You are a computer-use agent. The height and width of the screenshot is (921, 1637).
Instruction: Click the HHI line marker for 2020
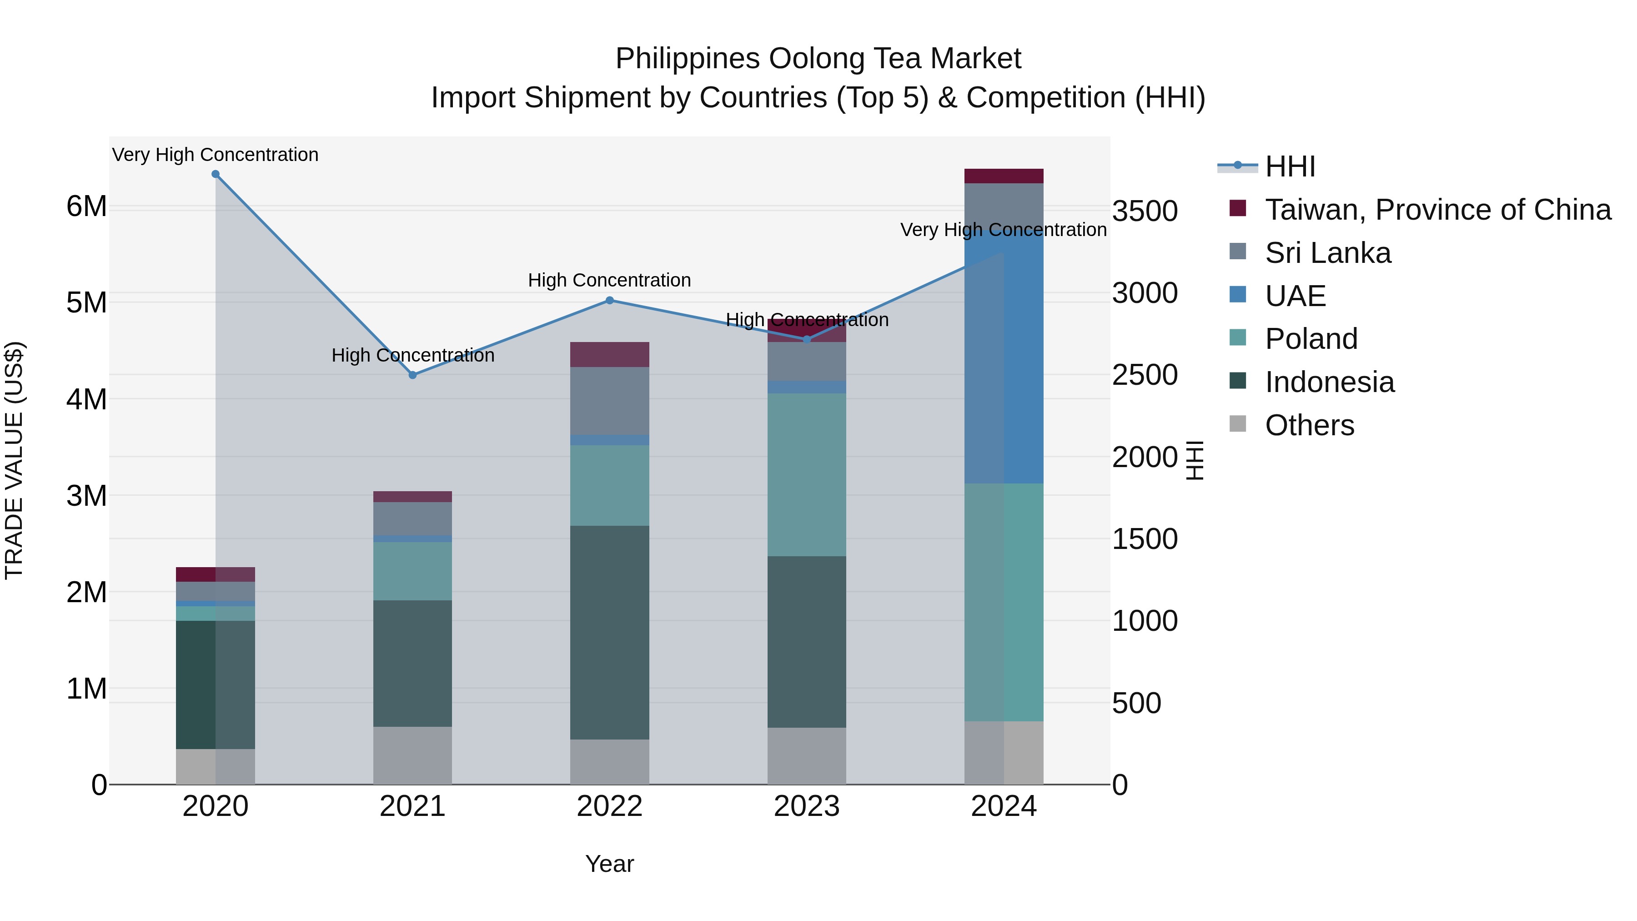(x=216, y=174)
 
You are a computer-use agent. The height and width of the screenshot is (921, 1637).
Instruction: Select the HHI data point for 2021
(x=412, y=375)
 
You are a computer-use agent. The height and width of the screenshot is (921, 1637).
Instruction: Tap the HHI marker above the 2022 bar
(x=609, y=300)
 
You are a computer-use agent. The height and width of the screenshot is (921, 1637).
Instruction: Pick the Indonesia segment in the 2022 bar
(x=609, y=633)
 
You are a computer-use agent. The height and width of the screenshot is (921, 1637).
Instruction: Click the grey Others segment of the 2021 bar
(x=412, y=755)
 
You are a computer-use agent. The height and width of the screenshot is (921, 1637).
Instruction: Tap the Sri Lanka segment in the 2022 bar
(x=609, y=400)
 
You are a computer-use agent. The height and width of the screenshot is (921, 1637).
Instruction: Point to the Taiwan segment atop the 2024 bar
(x=1004, y=176)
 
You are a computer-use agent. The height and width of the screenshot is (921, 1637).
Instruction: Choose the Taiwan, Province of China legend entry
(x=1437, y=210)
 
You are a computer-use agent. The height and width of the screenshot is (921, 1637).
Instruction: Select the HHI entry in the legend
(x=1290, y=166)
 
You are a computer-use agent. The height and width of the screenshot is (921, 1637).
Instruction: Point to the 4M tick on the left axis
(x=87, y=399)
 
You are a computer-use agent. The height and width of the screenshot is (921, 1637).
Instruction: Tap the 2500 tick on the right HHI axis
(x=1145, y=375)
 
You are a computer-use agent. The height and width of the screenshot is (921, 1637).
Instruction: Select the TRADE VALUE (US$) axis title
(x=14, y=460)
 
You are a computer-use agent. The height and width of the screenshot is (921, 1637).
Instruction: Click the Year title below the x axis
(x=609, y=864)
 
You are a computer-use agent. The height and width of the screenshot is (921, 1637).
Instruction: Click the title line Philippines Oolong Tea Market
(x=818, y=59)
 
